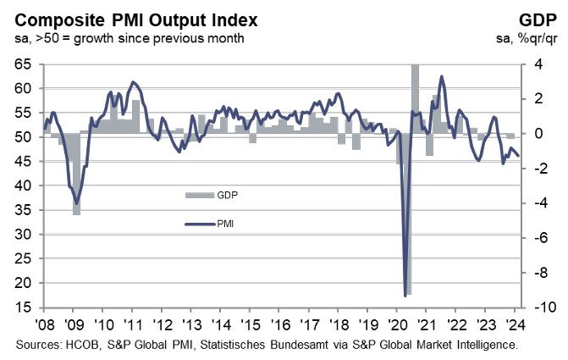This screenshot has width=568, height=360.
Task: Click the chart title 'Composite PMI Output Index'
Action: pos(136,20)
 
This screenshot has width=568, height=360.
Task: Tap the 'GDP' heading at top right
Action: pos(538,20)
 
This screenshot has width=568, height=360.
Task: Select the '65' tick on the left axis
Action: pos(23,64)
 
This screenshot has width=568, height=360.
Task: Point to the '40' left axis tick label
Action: pos(23,186)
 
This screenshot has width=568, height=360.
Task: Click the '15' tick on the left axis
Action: pos(23,307)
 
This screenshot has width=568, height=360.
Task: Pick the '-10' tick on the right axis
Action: pos(540,307)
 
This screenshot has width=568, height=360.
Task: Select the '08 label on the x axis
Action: pos(45,324)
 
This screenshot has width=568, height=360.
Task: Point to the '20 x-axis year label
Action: pos(397,324)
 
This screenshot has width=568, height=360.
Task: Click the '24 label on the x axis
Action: pos(515,324)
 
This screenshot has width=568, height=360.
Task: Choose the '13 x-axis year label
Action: pos(191,324)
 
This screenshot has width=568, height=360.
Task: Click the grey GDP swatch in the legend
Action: pos(200,196)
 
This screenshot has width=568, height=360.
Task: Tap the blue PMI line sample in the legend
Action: pos(200,224)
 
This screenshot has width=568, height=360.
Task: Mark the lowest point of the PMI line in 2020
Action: pos(405,296)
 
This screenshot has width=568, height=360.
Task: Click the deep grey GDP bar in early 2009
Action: pos(76,174)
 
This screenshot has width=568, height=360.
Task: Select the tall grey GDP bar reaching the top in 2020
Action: pos(415,99)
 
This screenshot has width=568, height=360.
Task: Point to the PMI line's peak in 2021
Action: pos(441,76)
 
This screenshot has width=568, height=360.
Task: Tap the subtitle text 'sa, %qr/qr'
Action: pos(527,39)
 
